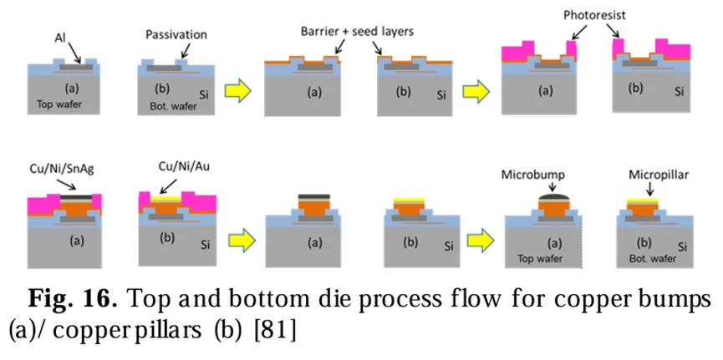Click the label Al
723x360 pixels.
[59, 37]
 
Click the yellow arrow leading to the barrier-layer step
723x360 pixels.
[241, 90]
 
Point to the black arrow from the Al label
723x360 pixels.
[74, 52]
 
